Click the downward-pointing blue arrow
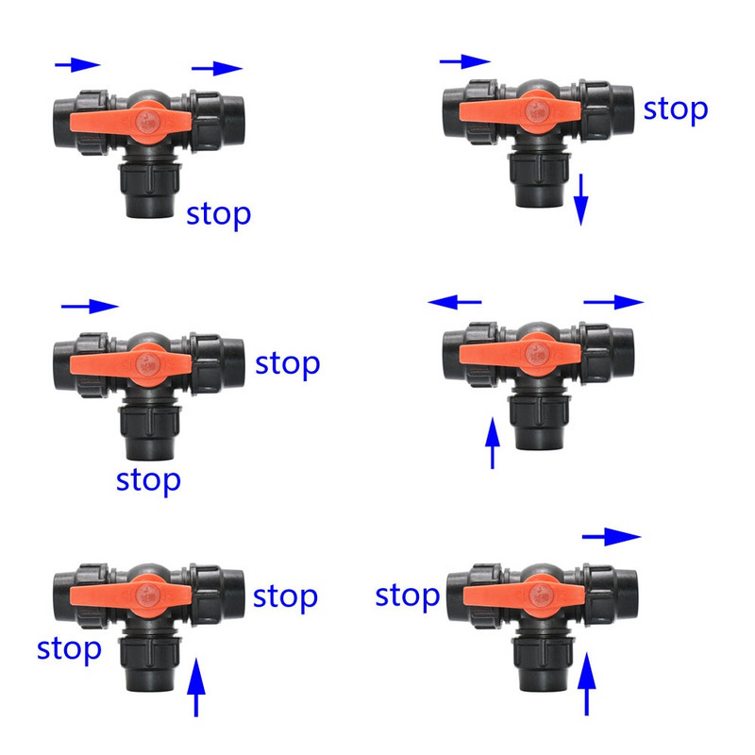coord(581,200)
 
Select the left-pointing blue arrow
coord(454,302)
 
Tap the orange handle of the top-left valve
coord(130,123)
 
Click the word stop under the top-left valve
coord(219,215)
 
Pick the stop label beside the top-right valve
coord(676,110)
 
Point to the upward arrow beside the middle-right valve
coord(492,443)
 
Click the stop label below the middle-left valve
coord(148,481)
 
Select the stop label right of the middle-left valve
coord(288,364)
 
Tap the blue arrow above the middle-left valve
coord(90,306)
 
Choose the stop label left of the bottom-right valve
coord(408,596)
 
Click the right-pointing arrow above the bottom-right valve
coord(612,536)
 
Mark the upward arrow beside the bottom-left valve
coord(196,688)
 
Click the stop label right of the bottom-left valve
coord(285,597)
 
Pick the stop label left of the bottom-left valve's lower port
coord(69,649)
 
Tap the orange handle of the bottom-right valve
coord(524,597)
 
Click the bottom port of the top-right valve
coord(539,180)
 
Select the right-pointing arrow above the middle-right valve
coord(613,302)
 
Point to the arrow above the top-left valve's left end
coord(77,64)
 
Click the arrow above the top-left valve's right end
coord(217,68)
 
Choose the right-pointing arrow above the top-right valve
coord(465,61)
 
